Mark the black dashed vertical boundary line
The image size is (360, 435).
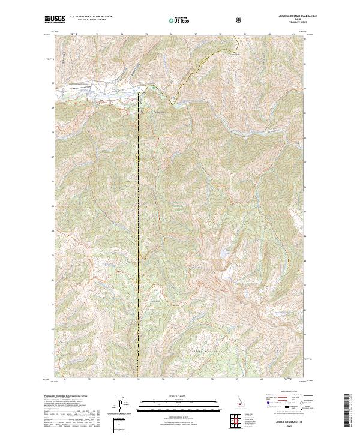pos(139,240)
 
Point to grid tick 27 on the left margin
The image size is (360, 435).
pos(52,158)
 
